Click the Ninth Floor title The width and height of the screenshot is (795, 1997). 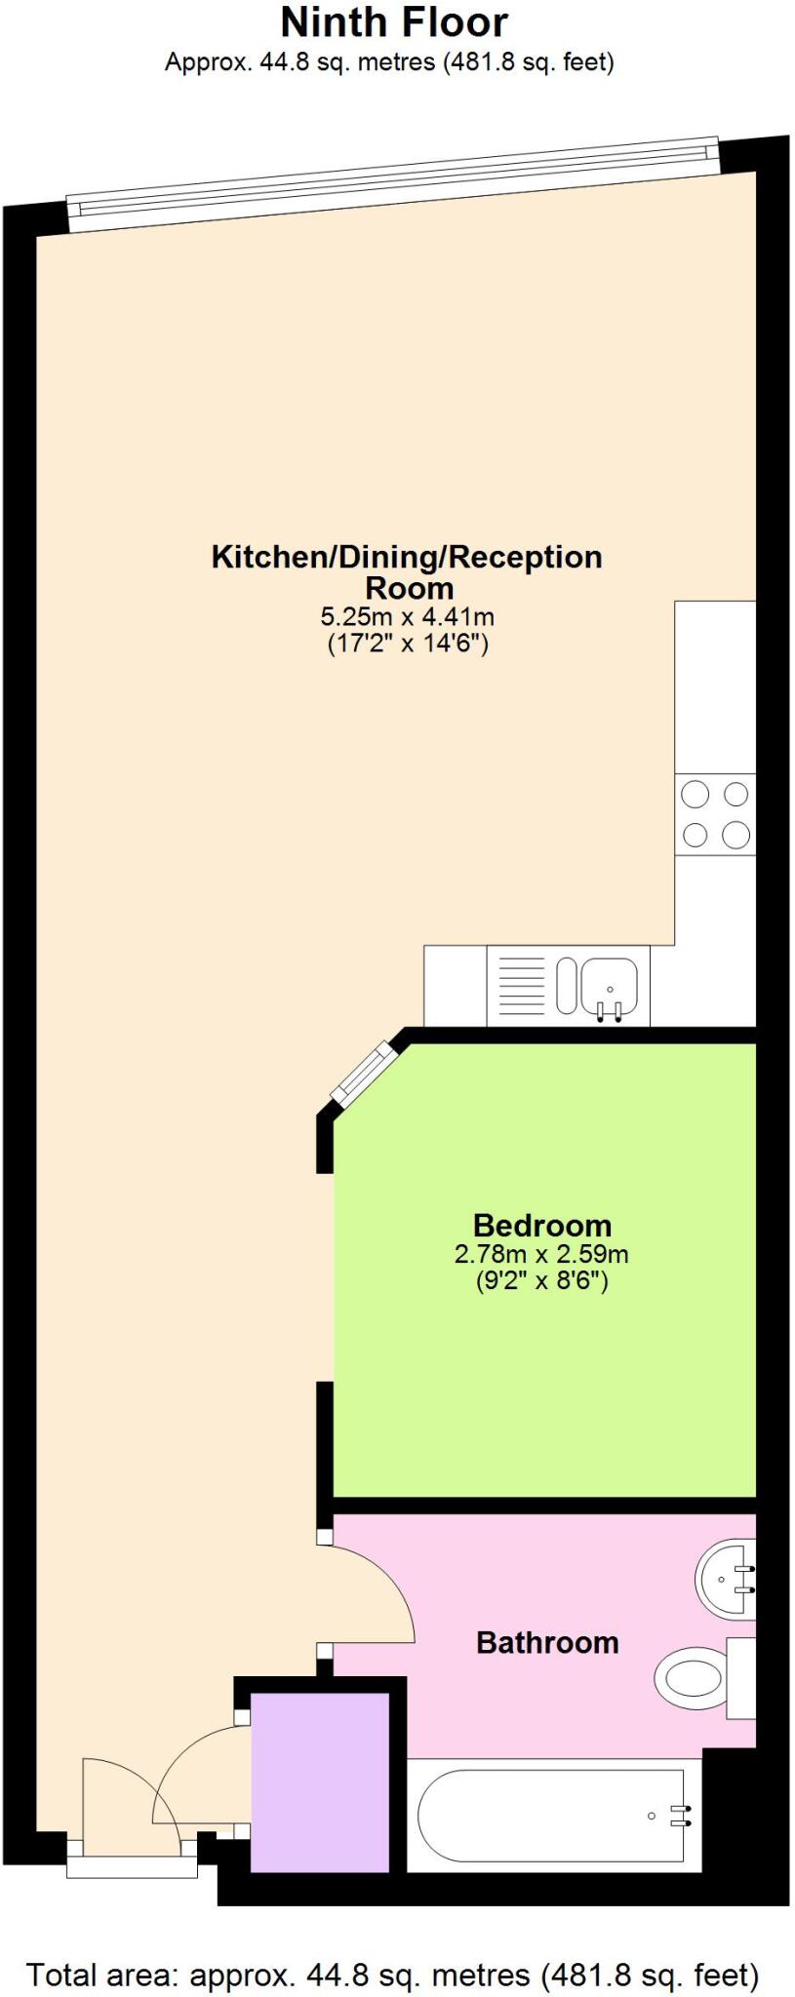[x=394, y=21]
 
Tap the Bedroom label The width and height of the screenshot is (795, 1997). [x=541, y=1225]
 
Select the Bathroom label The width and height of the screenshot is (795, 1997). [x=546, y=1642]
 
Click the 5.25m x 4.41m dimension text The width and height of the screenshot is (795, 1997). [x=407, y=616]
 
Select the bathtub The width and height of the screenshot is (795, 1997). [x=552, y=1815]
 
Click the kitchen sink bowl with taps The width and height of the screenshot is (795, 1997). [x=610, y=985]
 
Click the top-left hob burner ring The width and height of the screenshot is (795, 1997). [x=695, y=794]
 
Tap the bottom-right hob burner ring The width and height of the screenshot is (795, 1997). [x=735, y=835]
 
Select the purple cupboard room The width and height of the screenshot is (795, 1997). [x=321, y=1782]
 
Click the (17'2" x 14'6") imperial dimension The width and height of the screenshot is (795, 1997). [x=407, y=644]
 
